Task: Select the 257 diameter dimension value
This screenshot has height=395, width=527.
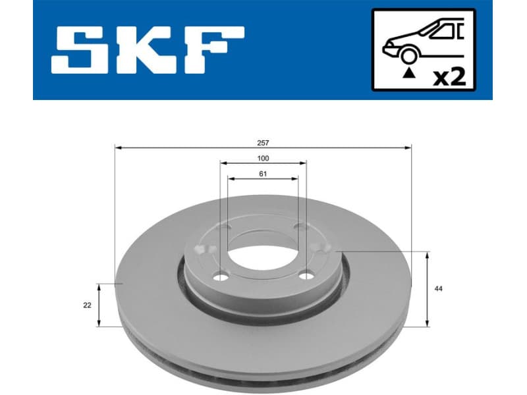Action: tap(263, 142)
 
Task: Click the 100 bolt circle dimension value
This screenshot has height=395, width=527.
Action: tap(263, 159)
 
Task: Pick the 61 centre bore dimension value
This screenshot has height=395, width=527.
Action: tap(263, 174)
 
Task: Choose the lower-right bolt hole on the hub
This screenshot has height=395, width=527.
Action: tap(305, 276)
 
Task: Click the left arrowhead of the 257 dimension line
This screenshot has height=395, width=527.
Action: tap(118, 148)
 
